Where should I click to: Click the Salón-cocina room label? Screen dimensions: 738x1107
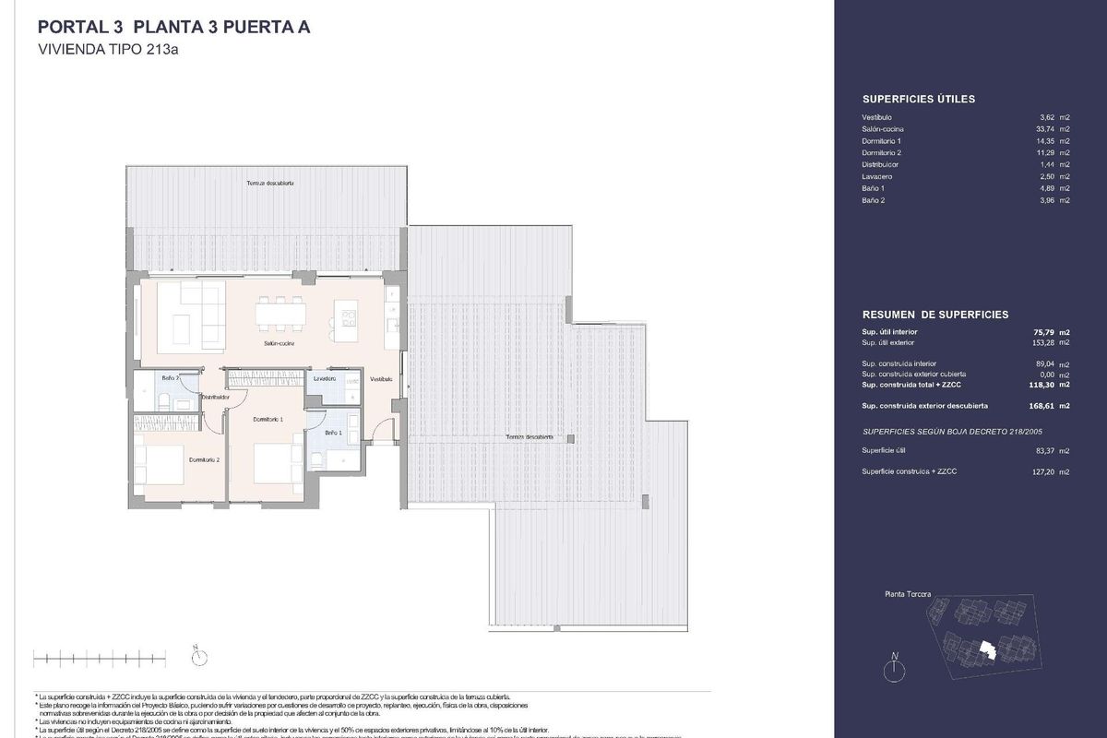279,343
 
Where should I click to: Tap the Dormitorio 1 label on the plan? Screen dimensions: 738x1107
268,419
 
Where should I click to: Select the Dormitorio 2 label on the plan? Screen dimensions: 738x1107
204,459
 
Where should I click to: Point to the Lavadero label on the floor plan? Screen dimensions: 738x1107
324,378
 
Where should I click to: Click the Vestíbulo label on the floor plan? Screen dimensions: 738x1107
381,379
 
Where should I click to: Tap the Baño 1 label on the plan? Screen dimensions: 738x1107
333,432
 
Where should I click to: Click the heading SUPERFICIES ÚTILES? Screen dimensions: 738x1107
918,99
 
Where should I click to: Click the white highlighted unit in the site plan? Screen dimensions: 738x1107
988,651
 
